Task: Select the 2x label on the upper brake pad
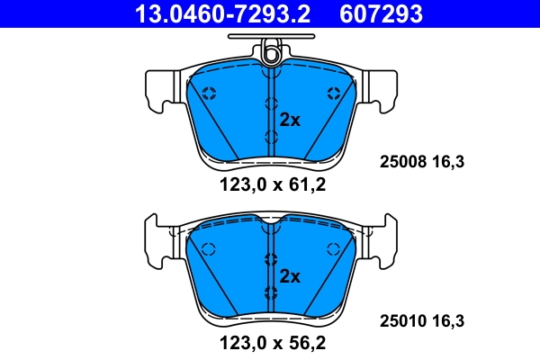coord(289,119)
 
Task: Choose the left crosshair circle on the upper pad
coord(209,92)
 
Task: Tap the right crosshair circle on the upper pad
coord(334,92)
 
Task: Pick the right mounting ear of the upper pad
coord(382,91)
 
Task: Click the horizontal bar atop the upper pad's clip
coord(271,38)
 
